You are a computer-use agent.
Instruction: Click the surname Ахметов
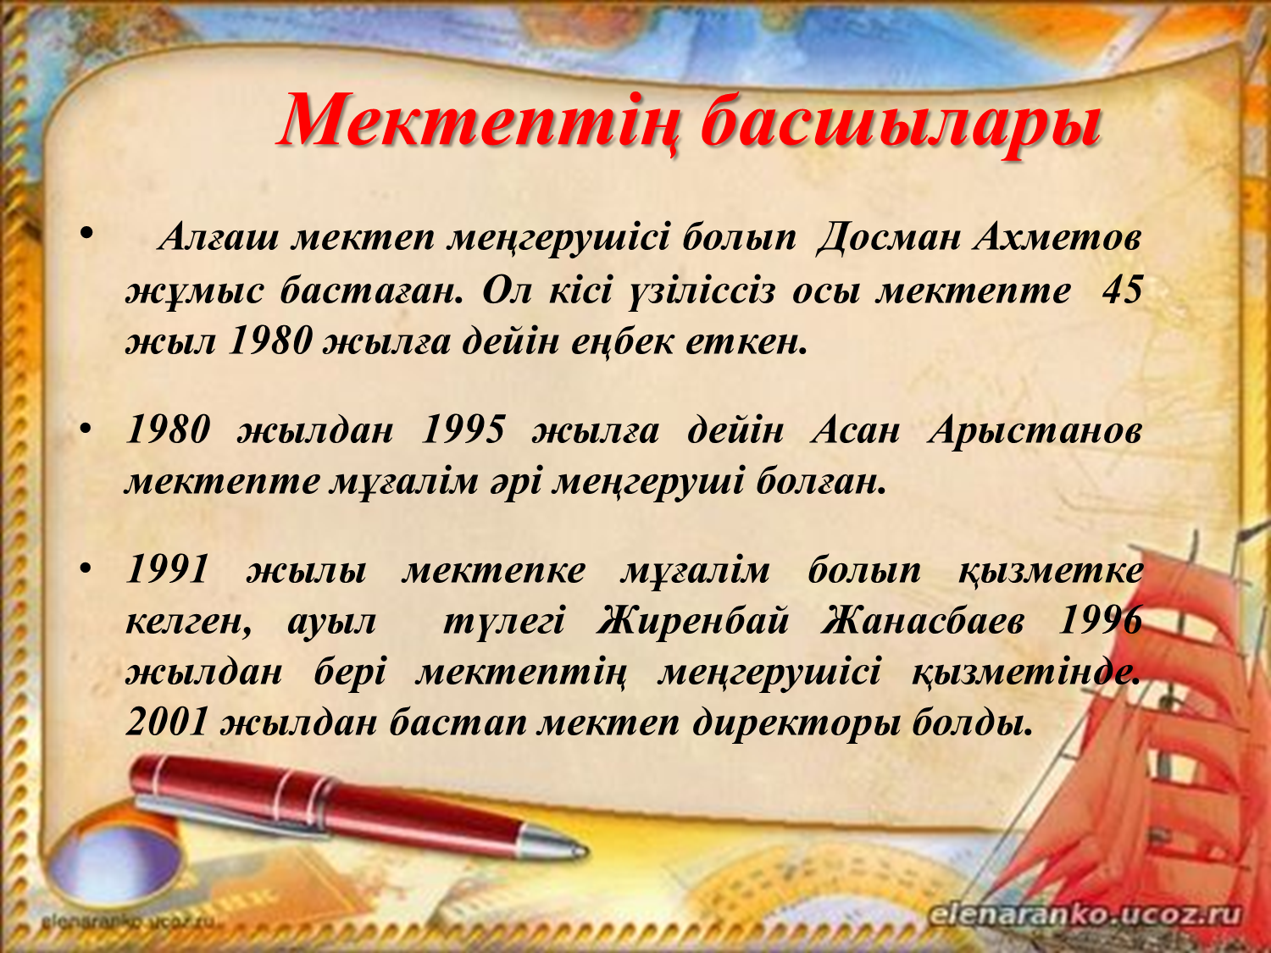[x=1057, y=236]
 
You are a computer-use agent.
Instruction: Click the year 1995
[x=463, y=430]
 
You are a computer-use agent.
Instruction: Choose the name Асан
[x=855, y=431]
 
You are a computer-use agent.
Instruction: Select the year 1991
[x=167, y=569]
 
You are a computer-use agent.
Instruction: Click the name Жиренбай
[x=692, y=622]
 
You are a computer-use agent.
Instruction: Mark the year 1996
[x=1100, y=622]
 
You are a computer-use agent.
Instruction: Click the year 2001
[x=167, y=723]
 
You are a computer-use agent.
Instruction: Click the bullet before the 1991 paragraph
[x=86, y=568]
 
